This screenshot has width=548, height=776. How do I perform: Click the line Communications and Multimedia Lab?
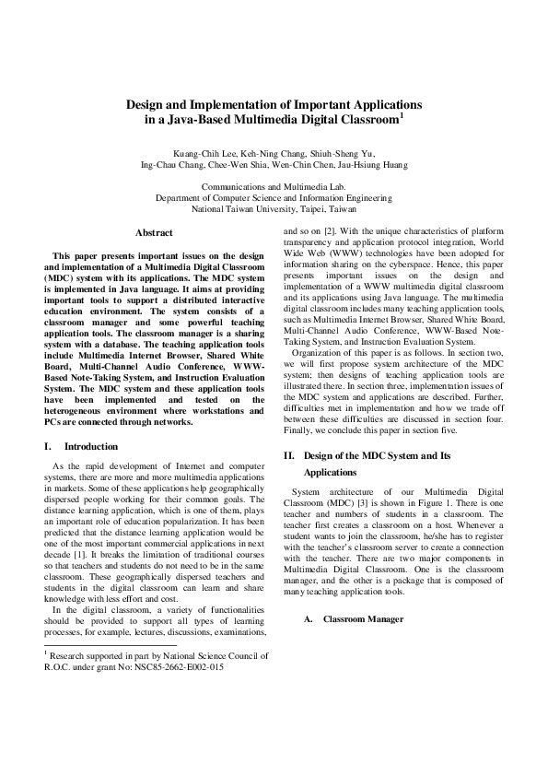coord(274,185)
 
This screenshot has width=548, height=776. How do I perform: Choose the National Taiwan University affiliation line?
coord(274,209)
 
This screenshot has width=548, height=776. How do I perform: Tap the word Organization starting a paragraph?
coord(319,352)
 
